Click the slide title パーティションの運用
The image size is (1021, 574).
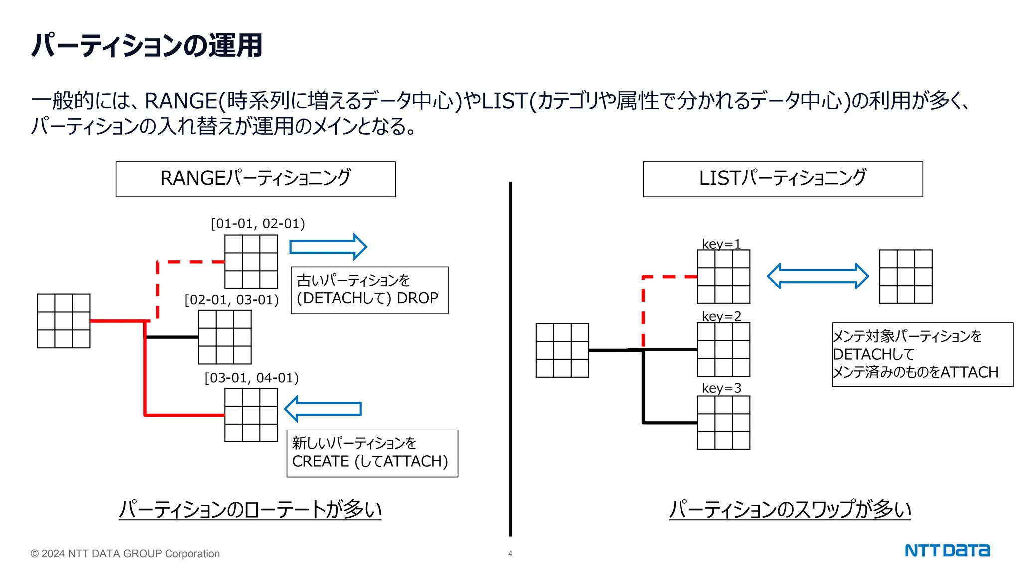[x=147, y=45]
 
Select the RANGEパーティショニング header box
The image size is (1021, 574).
[x=255, y=179]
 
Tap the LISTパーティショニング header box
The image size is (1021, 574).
[x=782, y=179]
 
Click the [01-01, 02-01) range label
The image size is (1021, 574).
[x=258, y=223]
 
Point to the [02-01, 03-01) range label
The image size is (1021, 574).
[x=231, y=300]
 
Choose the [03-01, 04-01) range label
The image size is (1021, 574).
[x=252, y=378]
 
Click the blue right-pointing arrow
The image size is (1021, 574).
[x=328, y=247]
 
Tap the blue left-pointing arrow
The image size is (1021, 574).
[x=323, y=409]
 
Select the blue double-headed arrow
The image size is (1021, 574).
[x=818, y=276]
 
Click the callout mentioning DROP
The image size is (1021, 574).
[x=369, y=290]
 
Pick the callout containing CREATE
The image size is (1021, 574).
[x=372, y=453]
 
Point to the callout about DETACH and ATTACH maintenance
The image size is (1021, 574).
[x=922, y=354]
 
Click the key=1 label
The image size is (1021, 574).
[x=721, y=244]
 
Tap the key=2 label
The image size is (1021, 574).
[x=721, y=316]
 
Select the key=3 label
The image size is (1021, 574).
[x=721, y=388]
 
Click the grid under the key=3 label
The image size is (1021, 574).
[x=723, y=423]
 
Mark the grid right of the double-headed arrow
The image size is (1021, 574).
[x=905, y=277]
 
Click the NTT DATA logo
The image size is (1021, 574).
[x=947, y=551]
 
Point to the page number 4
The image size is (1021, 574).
[x=510, y=554]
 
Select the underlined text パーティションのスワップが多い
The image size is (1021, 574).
[x=790, y=509]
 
